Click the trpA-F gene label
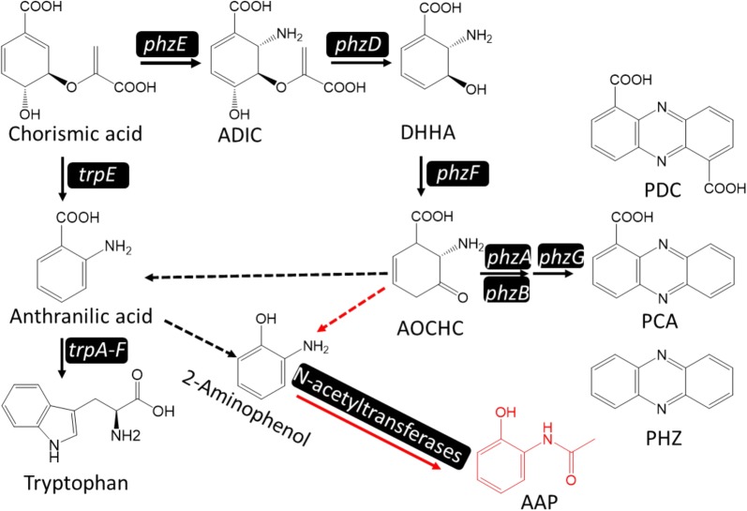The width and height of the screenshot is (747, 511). pos(98,351)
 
